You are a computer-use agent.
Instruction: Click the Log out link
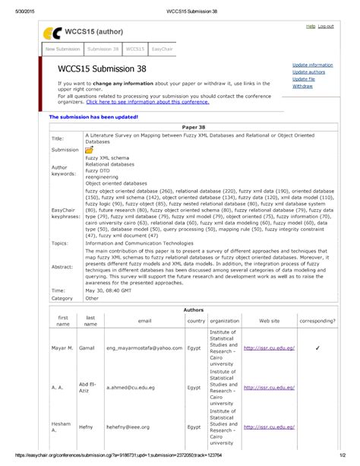click(326, 27)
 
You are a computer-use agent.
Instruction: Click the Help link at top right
click(310, 27)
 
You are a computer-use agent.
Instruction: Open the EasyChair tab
click(161, 49)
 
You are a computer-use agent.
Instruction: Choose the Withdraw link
click(302, 86)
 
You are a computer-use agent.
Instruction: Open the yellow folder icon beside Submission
click(90, 151)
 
